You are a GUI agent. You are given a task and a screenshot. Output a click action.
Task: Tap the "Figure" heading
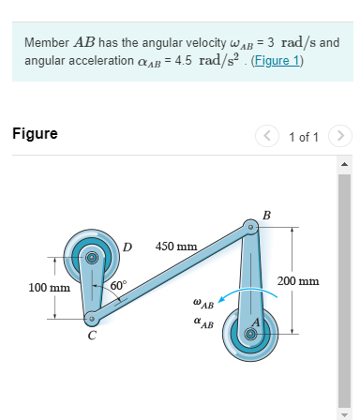[35, 134]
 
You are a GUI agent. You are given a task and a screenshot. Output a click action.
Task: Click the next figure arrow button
[342, 136]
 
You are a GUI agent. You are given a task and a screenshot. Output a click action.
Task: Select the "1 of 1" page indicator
[305, 137]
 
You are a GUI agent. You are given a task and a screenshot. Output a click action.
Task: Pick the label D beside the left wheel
[127, 247]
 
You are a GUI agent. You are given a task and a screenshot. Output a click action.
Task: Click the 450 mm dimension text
[176, 247]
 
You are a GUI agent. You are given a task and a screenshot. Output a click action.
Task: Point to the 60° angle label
[118, 285]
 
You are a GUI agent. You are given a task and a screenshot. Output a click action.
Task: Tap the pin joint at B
[250, 228]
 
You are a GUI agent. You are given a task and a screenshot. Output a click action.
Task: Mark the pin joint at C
[88, 317]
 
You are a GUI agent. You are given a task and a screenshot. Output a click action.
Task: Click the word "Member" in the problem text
[45, 43]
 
